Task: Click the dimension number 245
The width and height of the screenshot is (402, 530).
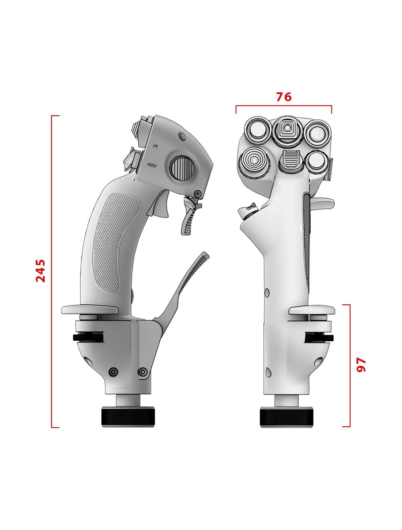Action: pyautogui.click(x=41, y=271)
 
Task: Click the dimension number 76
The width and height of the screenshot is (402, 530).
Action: pyautogui.click(x=283, y=97)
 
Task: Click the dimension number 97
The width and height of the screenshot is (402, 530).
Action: pyautogui.click(x=361, y=365)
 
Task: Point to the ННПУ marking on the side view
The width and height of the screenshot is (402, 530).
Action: pyautogui.click(x=152, y=165)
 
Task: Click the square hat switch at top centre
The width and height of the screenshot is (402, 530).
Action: pyautogui.click(x=287, y=128)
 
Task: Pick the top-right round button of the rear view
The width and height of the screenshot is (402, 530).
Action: pyautogui.click(x=316, y=132)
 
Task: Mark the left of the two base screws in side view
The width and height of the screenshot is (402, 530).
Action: pyautogui.click(x=114, y=372)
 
